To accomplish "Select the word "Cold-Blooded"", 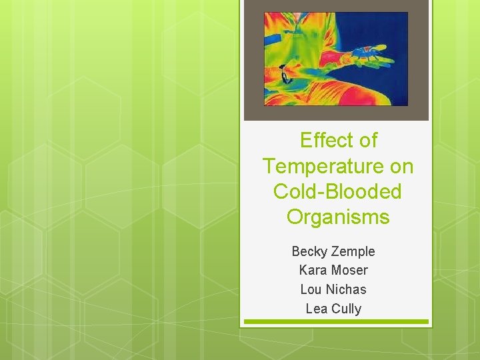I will [x=337, y=191].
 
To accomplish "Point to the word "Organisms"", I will [x=338, y=217].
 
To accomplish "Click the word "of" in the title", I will [x=367, y=141].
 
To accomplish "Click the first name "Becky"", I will [x=309, y=251].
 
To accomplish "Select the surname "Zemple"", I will [x=353, y=251].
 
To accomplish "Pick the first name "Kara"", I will [x=312, y=270].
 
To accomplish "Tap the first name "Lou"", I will [x=311, y=289].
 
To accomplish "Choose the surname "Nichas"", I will [x=346, y=289].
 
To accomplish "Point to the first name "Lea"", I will [x=317, y=309].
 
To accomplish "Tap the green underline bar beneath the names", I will [x=336, y=322].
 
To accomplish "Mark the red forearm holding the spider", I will [x=320, y=63].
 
